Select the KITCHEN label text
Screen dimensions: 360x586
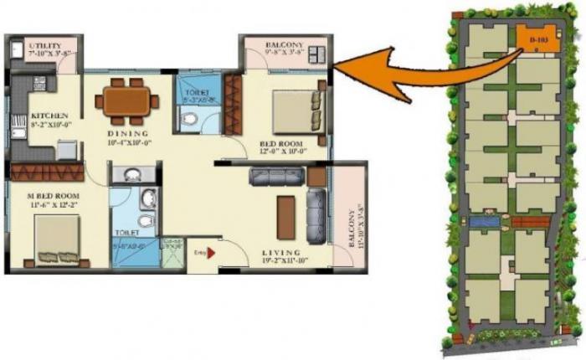(44, 116)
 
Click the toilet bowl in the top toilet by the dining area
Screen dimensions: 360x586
(192, 120)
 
